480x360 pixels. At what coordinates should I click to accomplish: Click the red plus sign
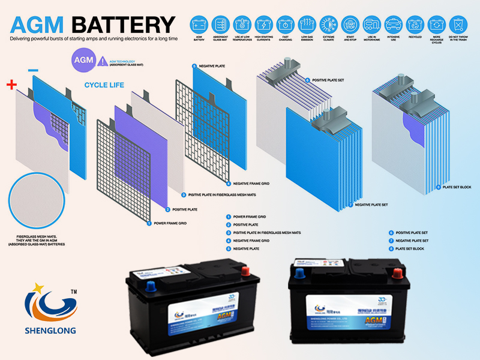coord(11,85)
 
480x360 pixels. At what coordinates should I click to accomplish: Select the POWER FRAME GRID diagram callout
coord(167,223)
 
